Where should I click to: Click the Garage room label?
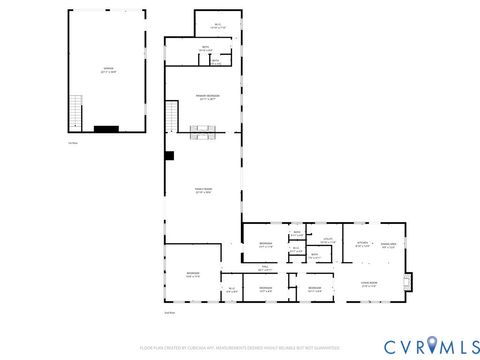click(x=106, y=70)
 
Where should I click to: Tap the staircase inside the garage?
click(x=75, y=106)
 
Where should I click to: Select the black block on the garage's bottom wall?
click(x=106, y=128)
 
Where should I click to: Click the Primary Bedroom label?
click(x=208, y=97)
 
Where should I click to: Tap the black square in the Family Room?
click(x=171, y=155)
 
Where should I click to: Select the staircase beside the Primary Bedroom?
click(x=171, y=119)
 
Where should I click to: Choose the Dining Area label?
click(x=389, y=243)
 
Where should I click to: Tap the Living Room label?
click(x=369, y=284)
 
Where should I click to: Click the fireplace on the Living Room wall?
click(x=406, y=281)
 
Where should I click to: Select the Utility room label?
click(x=327, y=240)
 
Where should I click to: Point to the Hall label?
click(x=265, y=268)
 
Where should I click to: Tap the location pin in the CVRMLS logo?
click(x=431, y=345)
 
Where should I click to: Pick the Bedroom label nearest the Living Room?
click(x=315, y=289)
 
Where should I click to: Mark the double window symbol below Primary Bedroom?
click(x=203, y=129)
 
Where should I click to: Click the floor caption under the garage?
click(x=73, y=142)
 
